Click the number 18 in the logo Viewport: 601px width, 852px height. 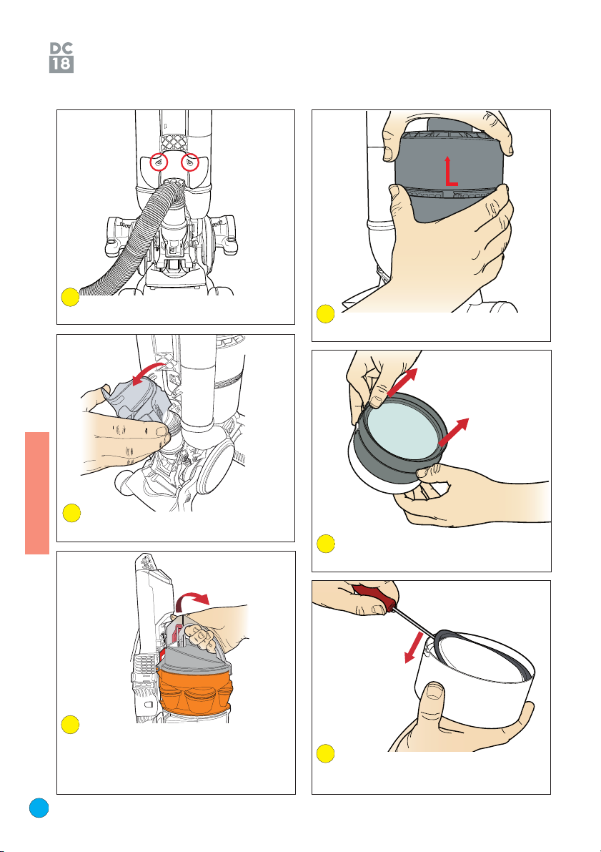point(61,64)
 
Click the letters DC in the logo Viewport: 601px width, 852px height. point(61,49)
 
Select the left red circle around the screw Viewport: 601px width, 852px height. point(159,162)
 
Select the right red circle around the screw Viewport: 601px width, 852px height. point(190,162)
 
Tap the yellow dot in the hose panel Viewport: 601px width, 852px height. point(71,297)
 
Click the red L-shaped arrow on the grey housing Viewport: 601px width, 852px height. point(449,171)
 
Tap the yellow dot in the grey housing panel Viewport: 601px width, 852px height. point(325,314)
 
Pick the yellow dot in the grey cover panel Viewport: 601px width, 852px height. point(71,513)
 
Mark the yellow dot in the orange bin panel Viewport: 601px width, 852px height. point(71,725)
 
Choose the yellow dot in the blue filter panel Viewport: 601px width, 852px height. point(326,544)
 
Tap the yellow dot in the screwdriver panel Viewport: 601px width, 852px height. point(325,753)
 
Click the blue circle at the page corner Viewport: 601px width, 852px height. point(39,808)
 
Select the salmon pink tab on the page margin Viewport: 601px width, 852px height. point(37,493)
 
